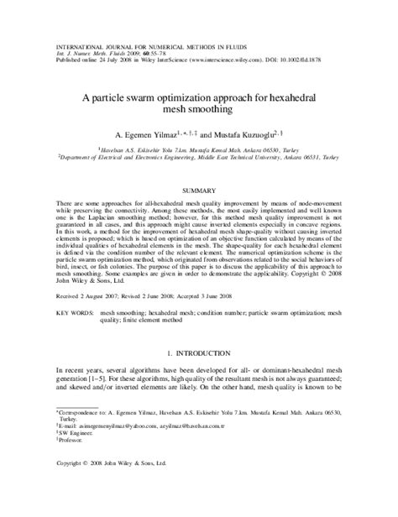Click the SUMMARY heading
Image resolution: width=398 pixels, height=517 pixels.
coord(199,191)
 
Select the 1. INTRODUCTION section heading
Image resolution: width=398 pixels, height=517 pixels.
coord(199,355)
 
